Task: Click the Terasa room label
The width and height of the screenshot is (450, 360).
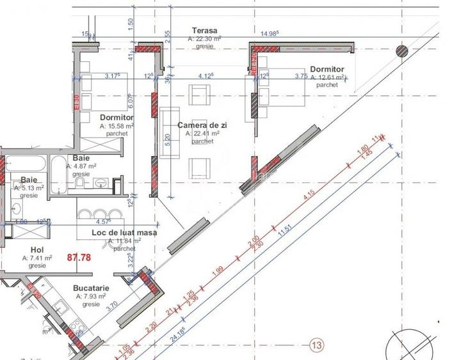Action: [x=205, y=31]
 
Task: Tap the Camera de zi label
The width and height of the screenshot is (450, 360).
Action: [x=202, y=125]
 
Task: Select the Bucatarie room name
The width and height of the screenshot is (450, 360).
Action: [x=93, y=288]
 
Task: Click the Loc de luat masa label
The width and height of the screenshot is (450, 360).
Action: [x=124, y=233]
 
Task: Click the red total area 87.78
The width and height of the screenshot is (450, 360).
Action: [x=79, y=257]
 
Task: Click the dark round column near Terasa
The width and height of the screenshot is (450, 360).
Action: [x=402, y=51]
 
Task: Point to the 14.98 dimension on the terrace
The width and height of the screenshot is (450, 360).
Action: [x=271, y=34]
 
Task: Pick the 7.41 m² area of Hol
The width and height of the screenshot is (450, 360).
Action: [x=36, y=258]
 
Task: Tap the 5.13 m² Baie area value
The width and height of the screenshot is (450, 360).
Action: [x=29, y=188]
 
